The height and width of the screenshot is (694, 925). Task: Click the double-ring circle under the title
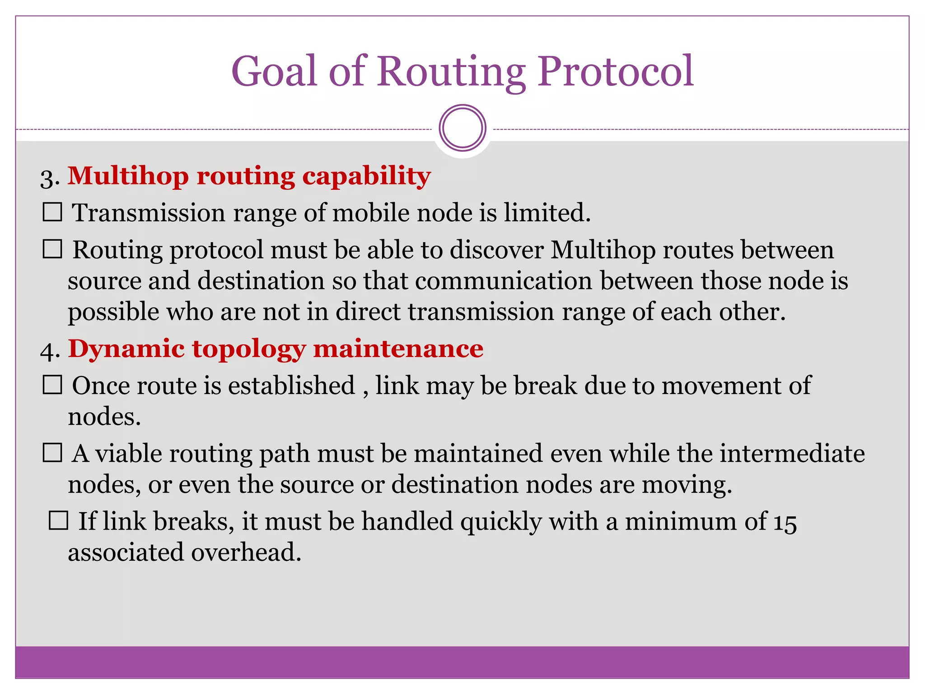[462, 128]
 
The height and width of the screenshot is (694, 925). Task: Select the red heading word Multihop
[128, 176]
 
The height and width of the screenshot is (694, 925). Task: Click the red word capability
[366, 176]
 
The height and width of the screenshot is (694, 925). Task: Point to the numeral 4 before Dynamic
[48, 351]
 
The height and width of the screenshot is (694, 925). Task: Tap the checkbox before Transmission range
[52, 212]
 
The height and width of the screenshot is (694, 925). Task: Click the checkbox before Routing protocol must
[52, 249]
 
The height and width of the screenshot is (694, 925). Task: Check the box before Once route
[52, 385]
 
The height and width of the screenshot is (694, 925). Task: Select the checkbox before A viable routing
[52, 453]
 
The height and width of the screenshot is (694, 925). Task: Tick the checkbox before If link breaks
[58, 520]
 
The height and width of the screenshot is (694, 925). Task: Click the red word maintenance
[398, 349]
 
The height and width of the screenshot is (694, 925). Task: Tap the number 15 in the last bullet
[785, 522]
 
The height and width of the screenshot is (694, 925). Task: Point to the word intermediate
[792, 453]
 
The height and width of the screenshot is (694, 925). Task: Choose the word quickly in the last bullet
[501, 522]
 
